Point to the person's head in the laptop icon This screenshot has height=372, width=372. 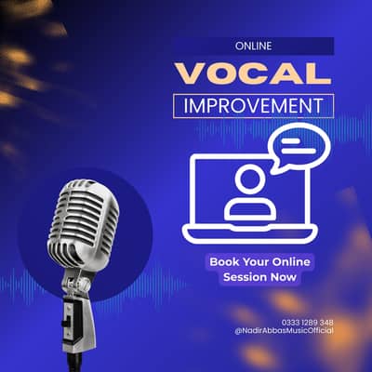249,178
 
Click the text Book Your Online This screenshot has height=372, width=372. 259,261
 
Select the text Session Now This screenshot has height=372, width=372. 260,277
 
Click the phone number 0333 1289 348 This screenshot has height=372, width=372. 301,323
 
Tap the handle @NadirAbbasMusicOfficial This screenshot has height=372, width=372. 284,332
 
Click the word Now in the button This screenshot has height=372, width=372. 285,277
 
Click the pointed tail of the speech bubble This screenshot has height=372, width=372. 274,170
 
